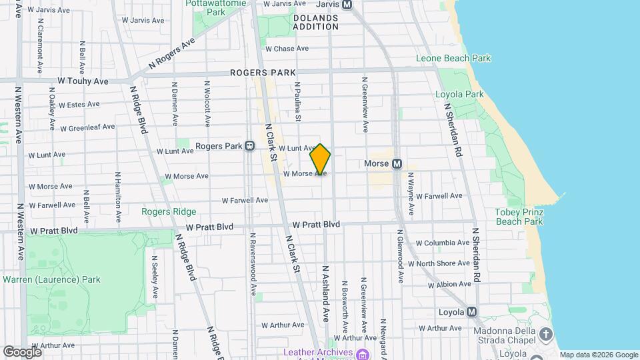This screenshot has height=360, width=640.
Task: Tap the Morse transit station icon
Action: pos(397,163)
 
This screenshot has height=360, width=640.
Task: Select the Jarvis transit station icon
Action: pos(347,4)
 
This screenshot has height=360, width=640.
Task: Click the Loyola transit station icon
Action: pos(472,311)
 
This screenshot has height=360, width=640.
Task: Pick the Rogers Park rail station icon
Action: pos(249,146)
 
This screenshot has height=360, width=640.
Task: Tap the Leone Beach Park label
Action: pos(453,58)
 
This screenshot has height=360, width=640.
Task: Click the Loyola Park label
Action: pos(459,94)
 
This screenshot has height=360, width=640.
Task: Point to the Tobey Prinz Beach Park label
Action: pos(519,217)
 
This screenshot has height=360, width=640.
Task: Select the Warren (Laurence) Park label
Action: pos(52,279)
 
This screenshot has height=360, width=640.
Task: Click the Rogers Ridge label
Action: pos(169,211)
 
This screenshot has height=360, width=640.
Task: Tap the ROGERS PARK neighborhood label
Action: pos(262,72)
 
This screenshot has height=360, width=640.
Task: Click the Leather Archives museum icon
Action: pos(362,353)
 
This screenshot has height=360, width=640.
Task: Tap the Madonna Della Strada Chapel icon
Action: pos(546,333)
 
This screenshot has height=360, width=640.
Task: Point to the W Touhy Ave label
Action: pos(83,81)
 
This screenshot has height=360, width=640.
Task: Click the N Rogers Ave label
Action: pos(171,53)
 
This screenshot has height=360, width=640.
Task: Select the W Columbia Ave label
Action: pos(443,243)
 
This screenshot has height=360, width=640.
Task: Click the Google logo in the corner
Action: pos(22,352)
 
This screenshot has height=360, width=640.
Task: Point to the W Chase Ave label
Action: pos(287,49)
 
